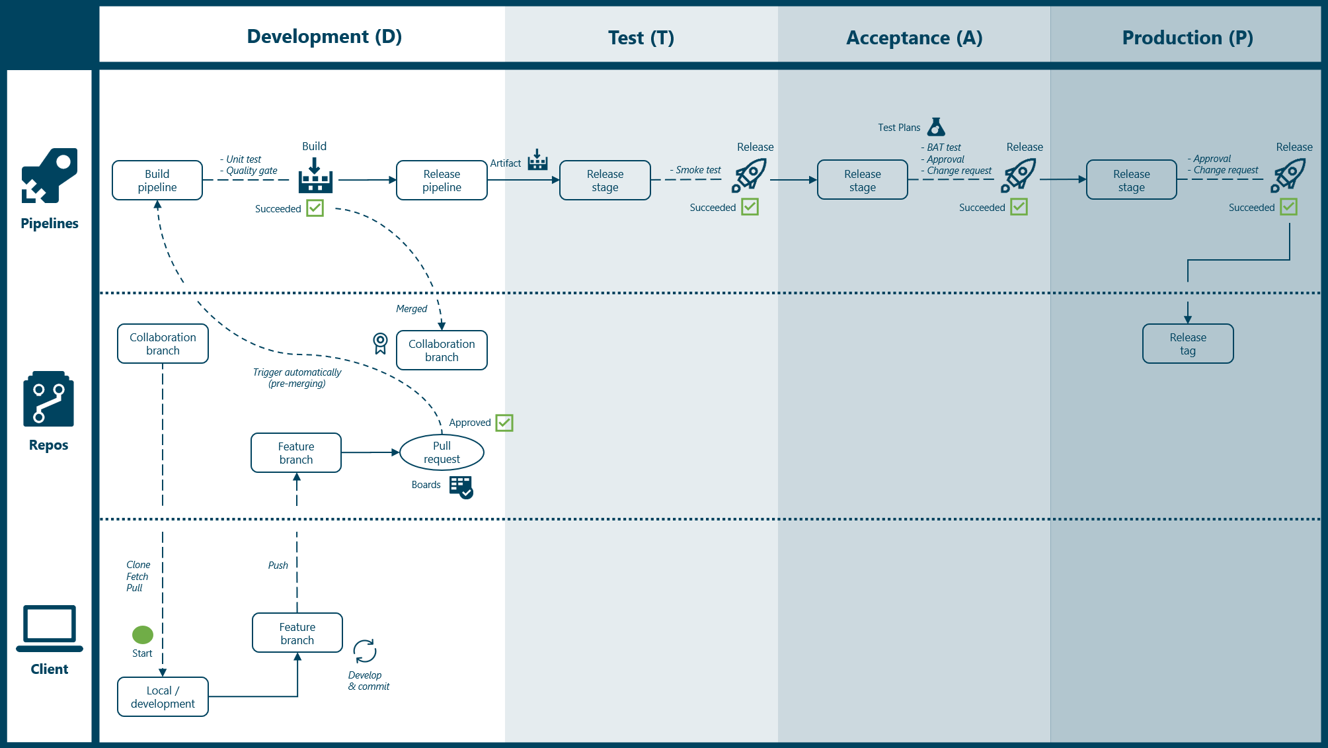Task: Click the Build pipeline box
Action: click(157, 180)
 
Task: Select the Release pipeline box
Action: click(442, 180)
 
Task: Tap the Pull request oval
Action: click(442, 452)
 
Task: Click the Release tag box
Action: click(1187, 343)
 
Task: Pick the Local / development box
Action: click(163, 696)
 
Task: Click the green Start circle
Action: click(143, 634)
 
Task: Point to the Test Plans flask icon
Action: click(936, 126)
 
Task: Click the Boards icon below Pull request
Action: click(461, 487)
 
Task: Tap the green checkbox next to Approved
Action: click(504, 423)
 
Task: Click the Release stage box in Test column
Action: click(605, 180)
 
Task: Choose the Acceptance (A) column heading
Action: click(914, 38)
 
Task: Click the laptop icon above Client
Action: click(50, 628)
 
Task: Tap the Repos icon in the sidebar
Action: click(49, 399)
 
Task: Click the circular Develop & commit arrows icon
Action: click(364, 651)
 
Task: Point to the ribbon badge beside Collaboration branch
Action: click(380, 343)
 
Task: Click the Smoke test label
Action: click(697, 170)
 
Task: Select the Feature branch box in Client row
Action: click(297, 633)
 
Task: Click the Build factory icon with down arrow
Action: click(315, 176)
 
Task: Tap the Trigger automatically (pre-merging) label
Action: click(297, 378)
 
